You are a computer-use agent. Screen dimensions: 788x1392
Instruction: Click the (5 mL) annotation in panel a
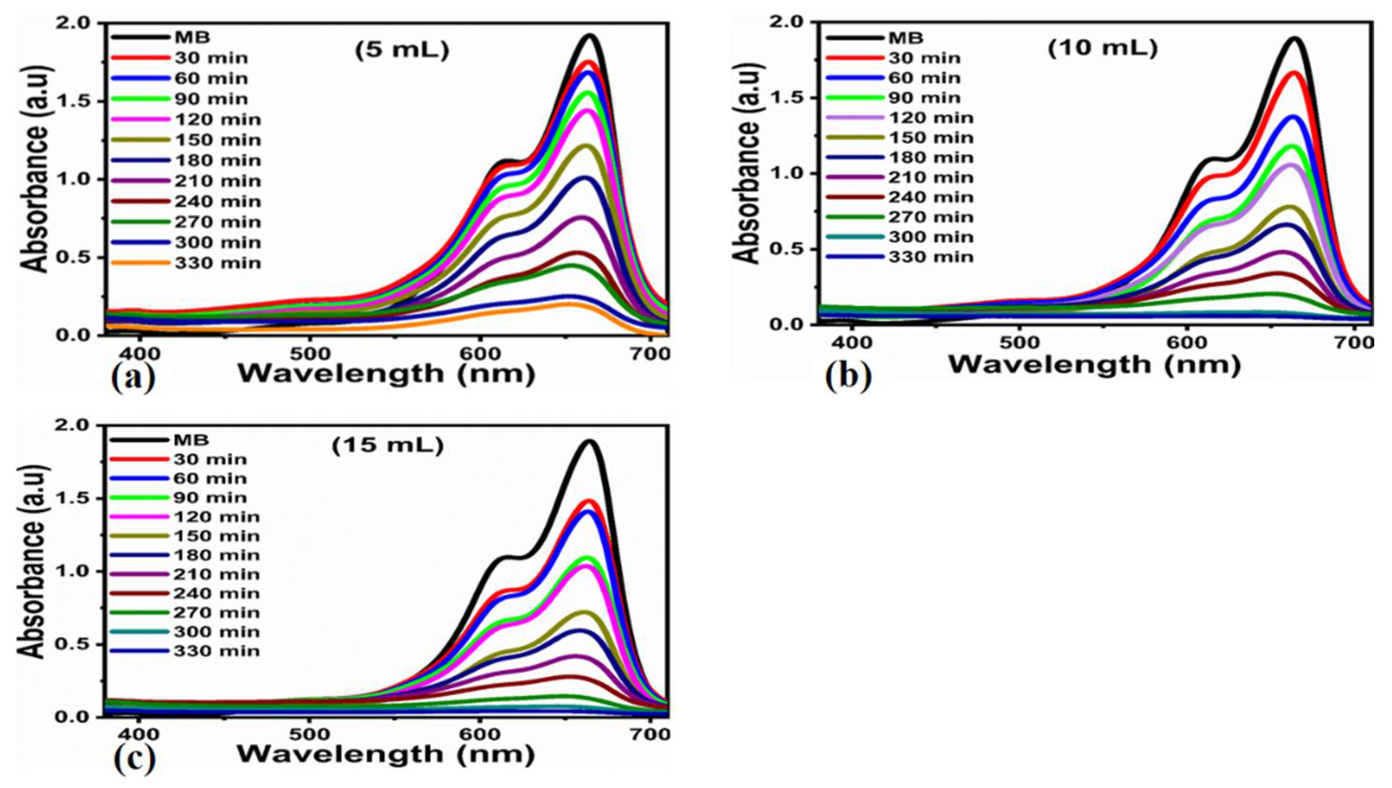(402, 50)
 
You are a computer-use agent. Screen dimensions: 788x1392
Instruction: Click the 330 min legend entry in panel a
(217, 263)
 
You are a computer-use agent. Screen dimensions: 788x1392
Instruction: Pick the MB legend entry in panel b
(905, 38)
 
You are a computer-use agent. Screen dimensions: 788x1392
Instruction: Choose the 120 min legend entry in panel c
(216, 516)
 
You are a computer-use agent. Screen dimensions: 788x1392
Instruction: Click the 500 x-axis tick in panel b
(1020, 343)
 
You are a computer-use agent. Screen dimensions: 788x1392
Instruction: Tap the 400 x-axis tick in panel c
(140, 735)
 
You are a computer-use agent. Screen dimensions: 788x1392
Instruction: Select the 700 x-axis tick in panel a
(650, 354)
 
